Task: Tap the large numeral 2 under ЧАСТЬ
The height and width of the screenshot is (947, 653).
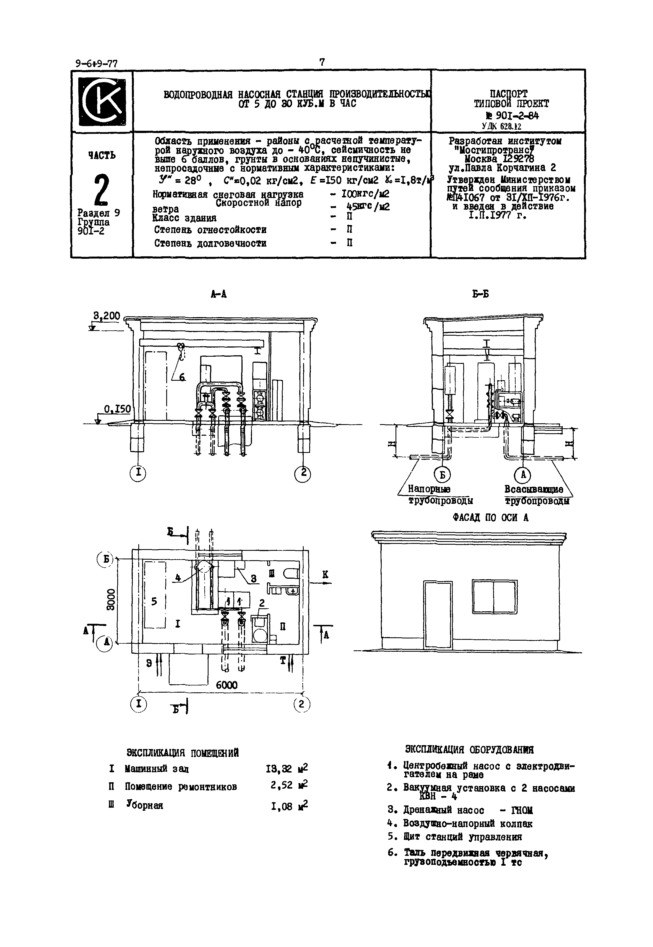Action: tap(102, 189)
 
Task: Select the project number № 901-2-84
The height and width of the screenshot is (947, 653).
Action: tap(512, 116)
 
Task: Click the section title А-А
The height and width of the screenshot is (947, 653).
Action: tap(218, 294)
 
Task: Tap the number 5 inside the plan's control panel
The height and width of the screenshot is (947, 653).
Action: tap(154, 601)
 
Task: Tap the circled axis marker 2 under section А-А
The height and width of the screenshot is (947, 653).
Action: tap(303, 473)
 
